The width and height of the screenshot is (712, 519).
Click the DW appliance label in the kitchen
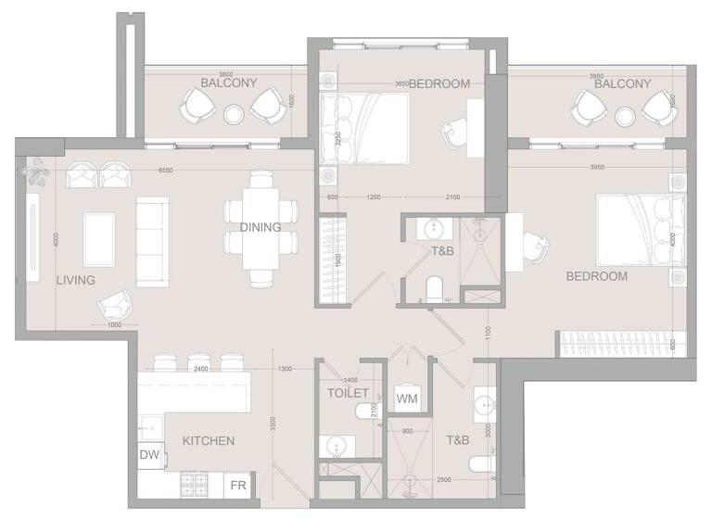(x=149, y=456)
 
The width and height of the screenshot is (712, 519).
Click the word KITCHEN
(x=208, y=441)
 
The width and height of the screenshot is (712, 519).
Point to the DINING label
(x=261, y=227)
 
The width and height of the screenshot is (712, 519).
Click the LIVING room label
(x=76, y=279)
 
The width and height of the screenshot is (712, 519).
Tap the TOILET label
(x=349, y=393)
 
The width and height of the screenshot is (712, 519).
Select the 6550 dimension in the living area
(x=166, y=171)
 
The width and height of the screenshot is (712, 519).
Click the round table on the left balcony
(x=234, y=114)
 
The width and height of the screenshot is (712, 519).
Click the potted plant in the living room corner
(x=37, y=170)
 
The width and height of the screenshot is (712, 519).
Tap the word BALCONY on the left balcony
(x=229, y=82)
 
